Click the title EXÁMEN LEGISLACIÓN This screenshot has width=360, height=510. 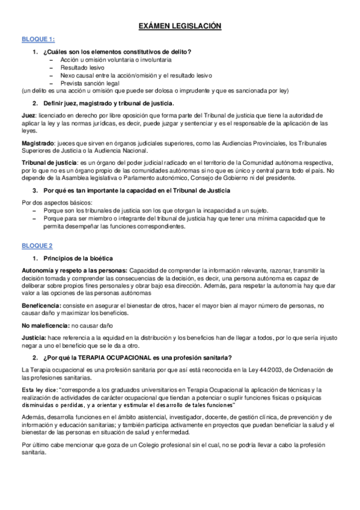[180, 26]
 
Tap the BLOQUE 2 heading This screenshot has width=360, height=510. [37, 245]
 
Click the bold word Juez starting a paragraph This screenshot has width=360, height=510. [28, 114]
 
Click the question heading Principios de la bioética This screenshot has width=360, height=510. [81, 258]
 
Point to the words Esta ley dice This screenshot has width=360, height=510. [39, 390]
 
